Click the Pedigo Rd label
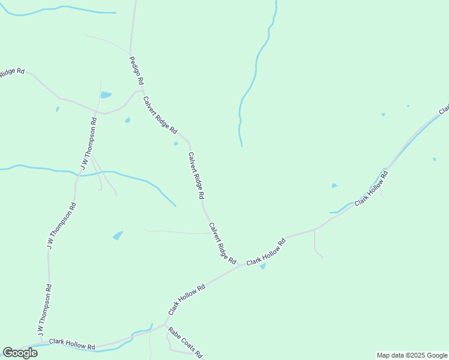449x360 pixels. click(x=137, y=70)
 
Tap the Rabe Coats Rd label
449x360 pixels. click(x=185, y=342)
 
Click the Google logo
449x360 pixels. click(x=20, y=352)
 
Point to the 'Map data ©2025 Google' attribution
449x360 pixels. click(x=412, y=355)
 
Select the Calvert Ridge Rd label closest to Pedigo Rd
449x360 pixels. click(x=160, y=115)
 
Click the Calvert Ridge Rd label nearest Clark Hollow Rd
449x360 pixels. click(x=222, y=244)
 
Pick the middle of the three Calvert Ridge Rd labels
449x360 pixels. click(x=196, y=176)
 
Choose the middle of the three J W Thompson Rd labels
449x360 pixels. click(x=61, y=227)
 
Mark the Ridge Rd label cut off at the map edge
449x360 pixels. click(x=11, y=72)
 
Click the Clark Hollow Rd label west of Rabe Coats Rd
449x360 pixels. click(x=72, y=344)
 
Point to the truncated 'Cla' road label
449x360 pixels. click(x=444, y=110)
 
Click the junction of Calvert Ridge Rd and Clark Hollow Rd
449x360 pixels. click(x=241, y=265)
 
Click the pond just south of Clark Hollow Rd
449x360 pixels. click(x=262, y=266)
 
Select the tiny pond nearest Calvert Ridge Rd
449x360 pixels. click(x=175, y=143)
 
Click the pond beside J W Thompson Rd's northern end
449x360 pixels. click(x=106, y=95)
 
